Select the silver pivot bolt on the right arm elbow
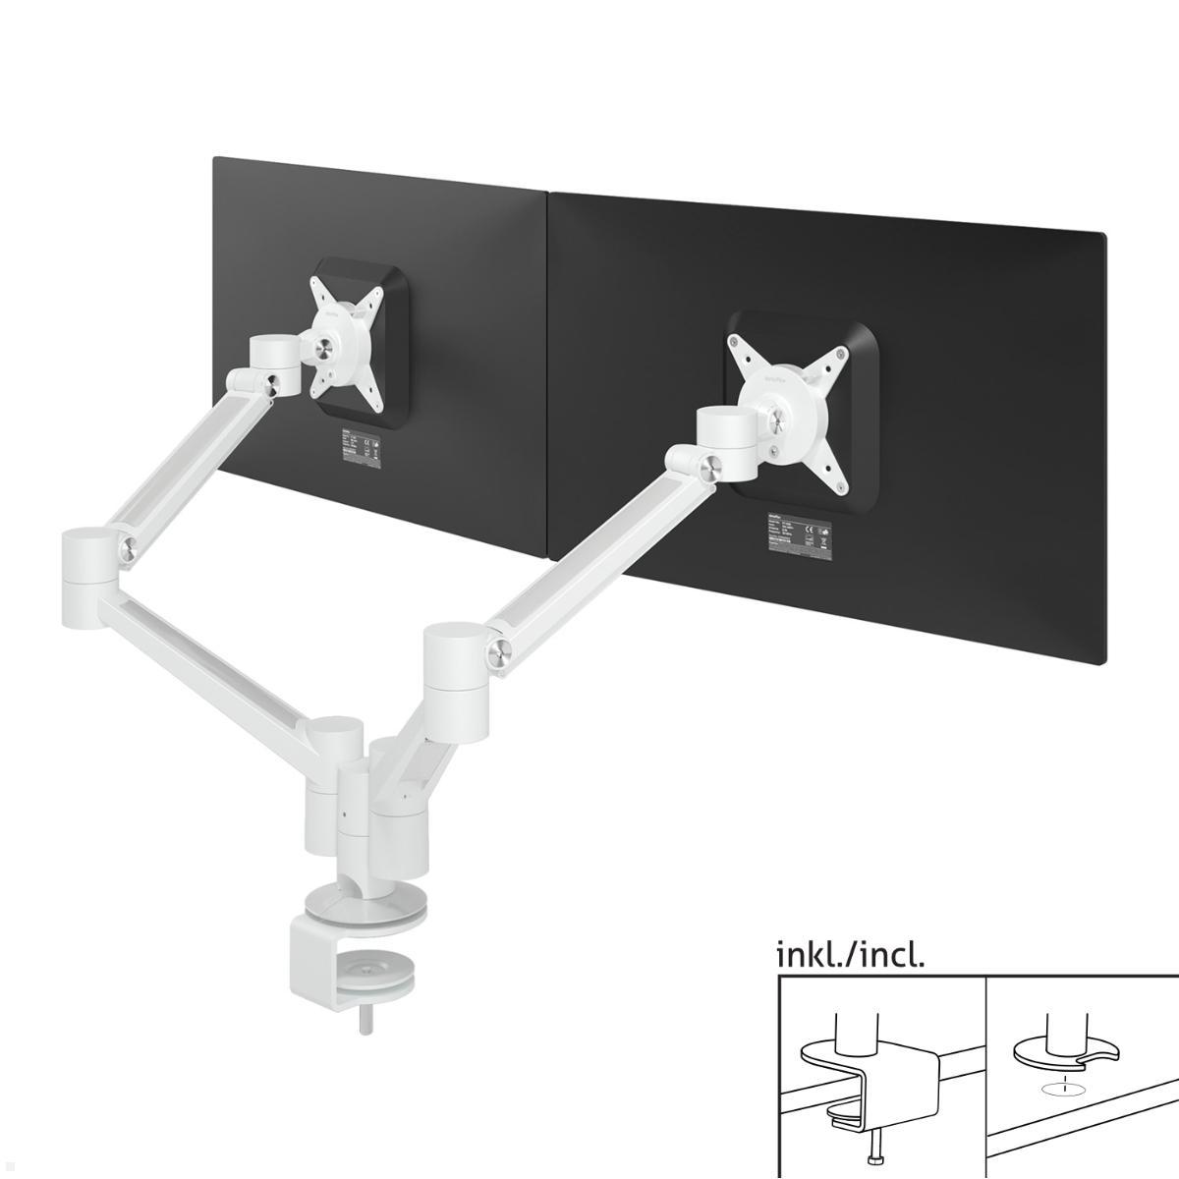click(x=500, y=648)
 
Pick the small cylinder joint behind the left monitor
click(x=274, y=364)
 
